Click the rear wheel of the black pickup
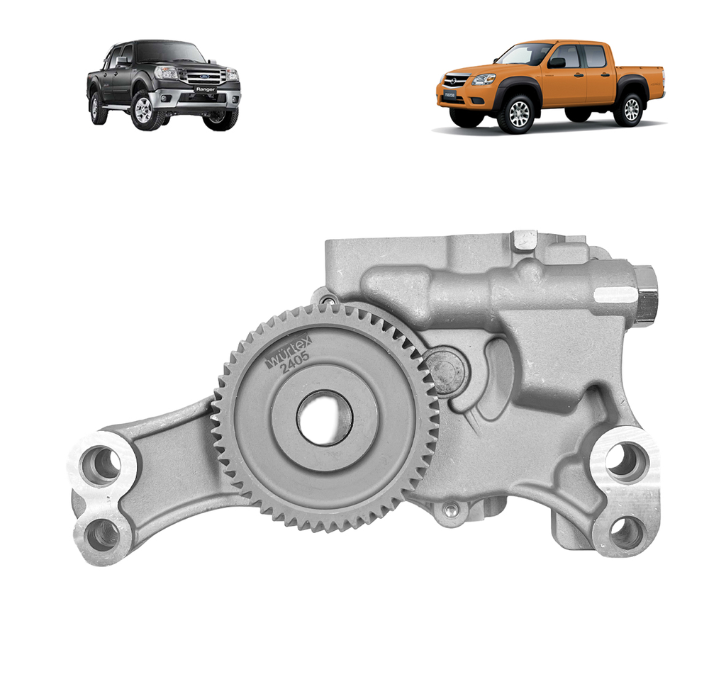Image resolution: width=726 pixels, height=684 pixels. (x=99, y=108)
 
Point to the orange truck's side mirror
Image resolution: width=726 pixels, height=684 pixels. (x=557, y=62)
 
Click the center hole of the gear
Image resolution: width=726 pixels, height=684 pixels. (x=325, y=417)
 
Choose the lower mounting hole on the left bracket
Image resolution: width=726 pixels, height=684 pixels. (x=102, y=534)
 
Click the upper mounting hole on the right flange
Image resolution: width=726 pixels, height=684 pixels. (x=627, y=462)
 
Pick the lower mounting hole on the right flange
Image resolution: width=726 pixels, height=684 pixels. (x=626, y=531)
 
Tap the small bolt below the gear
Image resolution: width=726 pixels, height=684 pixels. (x=448, y=508)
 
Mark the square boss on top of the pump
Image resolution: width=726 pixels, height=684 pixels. (x=525, y=240)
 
